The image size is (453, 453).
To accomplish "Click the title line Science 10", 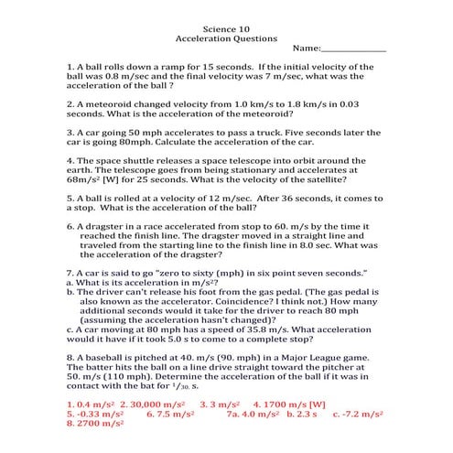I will coord(225,29).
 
